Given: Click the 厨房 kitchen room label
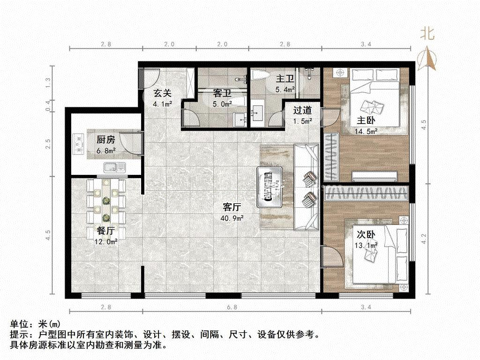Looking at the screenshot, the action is coord(105,140).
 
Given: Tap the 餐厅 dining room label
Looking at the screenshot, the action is coord(105,231).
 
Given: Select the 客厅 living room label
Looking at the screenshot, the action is coord(232,207).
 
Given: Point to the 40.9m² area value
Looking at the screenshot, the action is coord(232,218).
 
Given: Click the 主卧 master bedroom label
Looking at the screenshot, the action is coord(366,120).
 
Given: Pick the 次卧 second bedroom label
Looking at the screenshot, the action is coord(366,234).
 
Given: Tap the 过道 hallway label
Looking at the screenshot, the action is coord(302,110).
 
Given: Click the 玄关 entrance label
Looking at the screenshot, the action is coord(162,93).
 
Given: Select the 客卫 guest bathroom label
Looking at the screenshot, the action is coord(222,93).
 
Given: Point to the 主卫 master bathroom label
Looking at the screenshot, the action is coord(285,79).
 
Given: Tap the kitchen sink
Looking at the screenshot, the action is coord(114,167).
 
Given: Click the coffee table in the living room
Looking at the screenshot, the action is coord(270,187).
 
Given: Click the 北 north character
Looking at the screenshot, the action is coord(427,33).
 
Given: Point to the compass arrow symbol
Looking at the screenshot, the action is coord(427,59).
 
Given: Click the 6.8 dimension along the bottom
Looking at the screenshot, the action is coord(232,307).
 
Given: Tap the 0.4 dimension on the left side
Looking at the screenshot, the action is coord(48,105).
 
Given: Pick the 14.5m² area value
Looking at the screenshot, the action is coord(366,132).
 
